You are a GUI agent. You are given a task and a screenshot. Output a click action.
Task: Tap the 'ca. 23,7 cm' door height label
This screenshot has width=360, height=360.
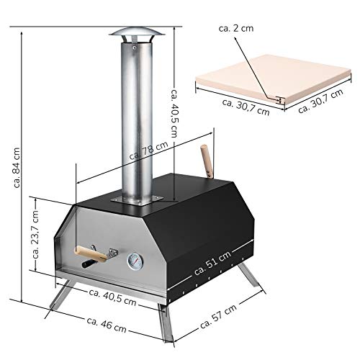tap(36, 235)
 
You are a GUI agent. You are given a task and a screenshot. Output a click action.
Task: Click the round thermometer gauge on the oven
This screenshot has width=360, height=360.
tap(135, 261)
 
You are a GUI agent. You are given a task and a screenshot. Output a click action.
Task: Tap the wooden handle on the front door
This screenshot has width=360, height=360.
tap(86, 253)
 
